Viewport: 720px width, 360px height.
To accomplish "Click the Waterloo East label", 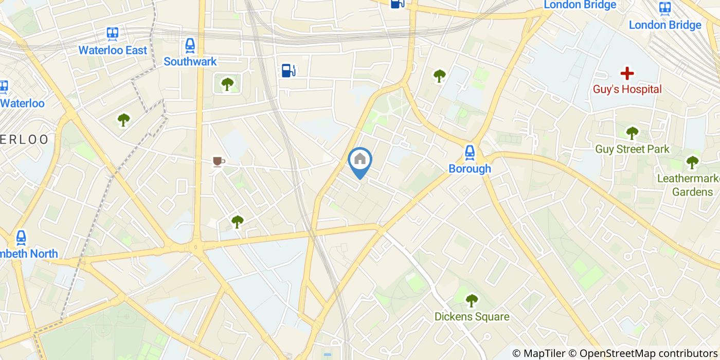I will coord(113,50).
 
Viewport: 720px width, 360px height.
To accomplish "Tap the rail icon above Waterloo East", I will coord(113,34).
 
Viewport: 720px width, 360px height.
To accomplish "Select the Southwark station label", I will coord(190,62).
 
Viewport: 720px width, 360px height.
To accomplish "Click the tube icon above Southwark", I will coord(190,45).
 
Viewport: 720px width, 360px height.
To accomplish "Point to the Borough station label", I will coord(470,169).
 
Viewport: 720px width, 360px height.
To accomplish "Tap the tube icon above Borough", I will coord(470,152).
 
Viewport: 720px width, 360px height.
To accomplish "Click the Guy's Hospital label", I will coord(627,89).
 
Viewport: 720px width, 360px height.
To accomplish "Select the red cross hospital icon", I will coord(627,73).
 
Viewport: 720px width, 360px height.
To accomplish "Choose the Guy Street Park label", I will coord(632,149).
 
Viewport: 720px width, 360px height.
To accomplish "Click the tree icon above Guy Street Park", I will coord(632,133).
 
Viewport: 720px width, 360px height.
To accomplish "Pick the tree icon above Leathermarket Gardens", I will coord(692,163).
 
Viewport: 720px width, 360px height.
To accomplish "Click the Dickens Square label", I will coord(472,317).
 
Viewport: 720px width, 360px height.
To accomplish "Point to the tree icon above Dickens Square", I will coord(472,300).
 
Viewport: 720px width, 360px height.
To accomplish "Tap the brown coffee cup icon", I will coord(219,162).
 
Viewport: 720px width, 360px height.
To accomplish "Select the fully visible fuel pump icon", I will coord(289,70).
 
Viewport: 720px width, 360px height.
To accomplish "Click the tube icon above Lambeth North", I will coord(21,237).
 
